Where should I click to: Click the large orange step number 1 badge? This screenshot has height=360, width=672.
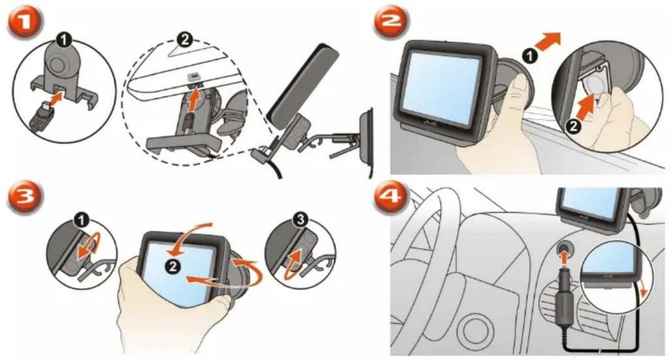[25, 23]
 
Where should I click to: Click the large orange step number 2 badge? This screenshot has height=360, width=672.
[391, 23]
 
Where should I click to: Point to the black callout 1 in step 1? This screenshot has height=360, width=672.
[64, 39]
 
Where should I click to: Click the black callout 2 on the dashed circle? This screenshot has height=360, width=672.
[184, 39]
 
